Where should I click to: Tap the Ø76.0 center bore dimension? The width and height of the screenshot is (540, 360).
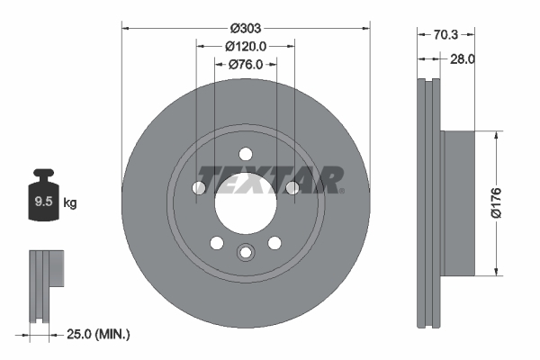tap(246, 64)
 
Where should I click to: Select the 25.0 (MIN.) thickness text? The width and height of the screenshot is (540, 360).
tap(97, 334)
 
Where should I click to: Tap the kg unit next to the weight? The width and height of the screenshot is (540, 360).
tap(71, 202)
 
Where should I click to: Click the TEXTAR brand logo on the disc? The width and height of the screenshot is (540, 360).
tap(270, 180)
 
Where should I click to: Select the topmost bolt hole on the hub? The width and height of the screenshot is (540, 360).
tap(246, 154)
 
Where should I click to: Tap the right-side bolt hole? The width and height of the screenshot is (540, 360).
tap(292, 187)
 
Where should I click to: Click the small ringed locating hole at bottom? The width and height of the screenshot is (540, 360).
tap(246, 253)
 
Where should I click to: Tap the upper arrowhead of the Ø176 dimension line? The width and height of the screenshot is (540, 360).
tap(497, 136)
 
